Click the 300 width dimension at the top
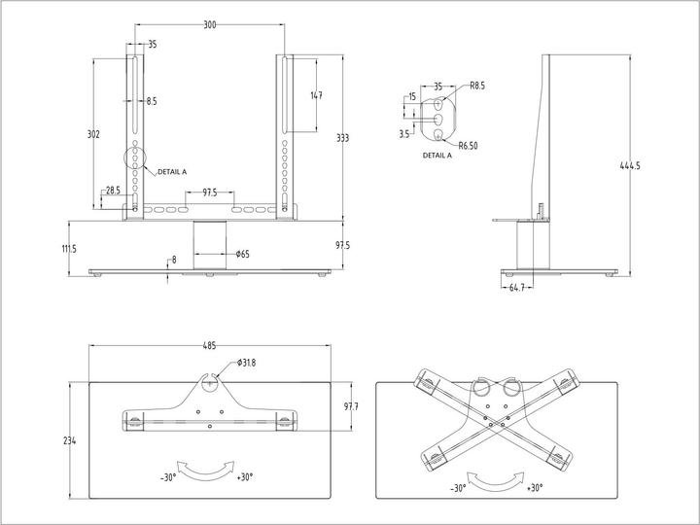point(210,24)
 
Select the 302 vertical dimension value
point(94,134)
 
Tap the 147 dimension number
point(316,95)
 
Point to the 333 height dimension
point(342,138)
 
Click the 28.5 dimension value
point(113,191)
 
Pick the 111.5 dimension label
point(69,249)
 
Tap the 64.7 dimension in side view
point(516,288)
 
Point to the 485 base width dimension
point(210,345)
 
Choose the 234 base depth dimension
point(69,440)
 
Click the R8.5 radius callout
point(477,86)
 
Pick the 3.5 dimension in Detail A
point(403,134)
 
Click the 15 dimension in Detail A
point(412,96)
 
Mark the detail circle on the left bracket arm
point(134,157)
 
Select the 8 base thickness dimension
point(174,260)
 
